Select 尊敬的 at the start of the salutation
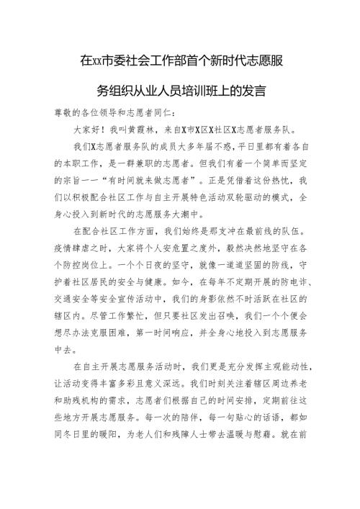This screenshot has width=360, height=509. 68,112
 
